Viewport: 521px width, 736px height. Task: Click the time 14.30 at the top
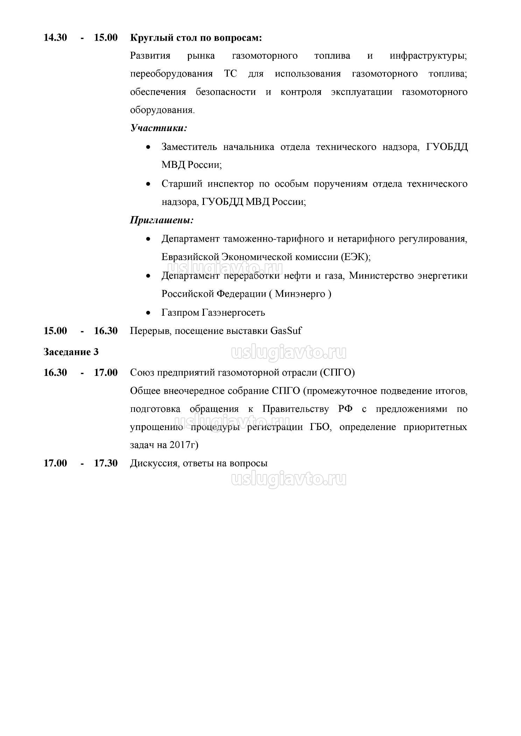coord(55,38)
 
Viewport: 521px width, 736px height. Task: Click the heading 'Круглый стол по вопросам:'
coord(196,38)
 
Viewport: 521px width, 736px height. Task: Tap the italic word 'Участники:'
coord(159,128)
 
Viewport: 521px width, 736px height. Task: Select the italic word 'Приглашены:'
coord(162,220)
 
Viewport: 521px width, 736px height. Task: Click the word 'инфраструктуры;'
coord(428,56)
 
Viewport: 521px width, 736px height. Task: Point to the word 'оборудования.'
coord(162,110)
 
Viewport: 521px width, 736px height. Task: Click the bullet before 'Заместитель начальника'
coord(149,147)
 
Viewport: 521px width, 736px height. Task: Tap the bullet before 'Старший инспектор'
coord(149,184)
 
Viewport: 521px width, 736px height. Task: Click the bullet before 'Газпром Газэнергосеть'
coord(149,313)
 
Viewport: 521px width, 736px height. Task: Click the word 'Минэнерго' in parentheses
coord(300,294)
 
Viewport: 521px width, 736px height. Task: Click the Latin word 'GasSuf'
coord(286,331)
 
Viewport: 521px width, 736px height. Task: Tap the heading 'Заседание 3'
coord(71,352)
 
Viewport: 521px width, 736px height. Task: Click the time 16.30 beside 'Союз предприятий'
coord(55,373)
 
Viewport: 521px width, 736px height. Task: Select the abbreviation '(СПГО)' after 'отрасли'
coord(337,373)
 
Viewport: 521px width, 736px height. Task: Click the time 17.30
coord(106,463)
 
